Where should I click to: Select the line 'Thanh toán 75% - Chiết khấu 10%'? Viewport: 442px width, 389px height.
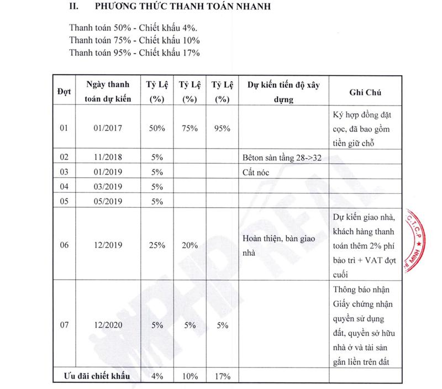click(134, 40)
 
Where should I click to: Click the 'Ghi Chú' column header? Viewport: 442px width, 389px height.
click(365, 92)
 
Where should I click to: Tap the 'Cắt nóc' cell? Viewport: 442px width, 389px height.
click(257, 172)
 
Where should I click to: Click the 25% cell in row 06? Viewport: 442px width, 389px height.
click(157, 245)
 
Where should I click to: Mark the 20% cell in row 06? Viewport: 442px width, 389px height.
click(189, 245)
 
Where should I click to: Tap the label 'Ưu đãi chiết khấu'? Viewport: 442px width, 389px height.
click(96, 376)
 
